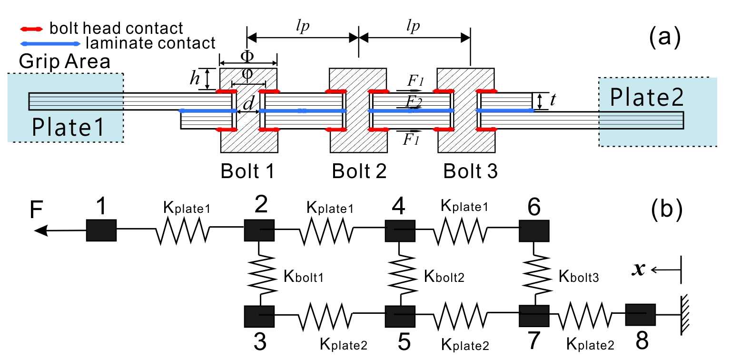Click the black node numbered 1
pos(101,230)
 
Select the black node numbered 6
pos(534,230)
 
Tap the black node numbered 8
pos(640,314)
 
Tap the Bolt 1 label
pos(248,172)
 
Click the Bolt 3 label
pos(470,172)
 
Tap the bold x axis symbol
pos(640,270)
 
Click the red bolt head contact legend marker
pos(33,29)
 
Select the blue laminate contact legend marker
pos(50,44)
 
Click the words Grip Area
pos(65,61)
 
